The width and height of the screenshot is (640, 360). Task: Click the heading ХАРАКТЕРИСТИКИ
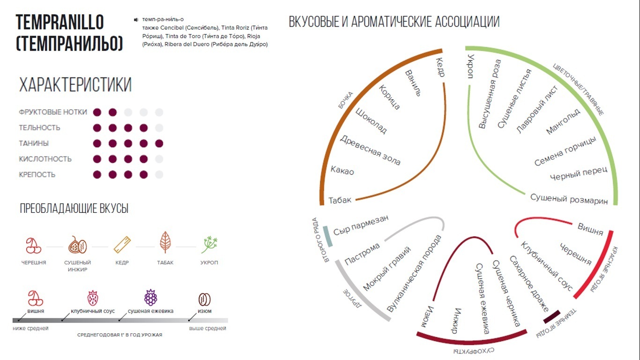coord(75,85)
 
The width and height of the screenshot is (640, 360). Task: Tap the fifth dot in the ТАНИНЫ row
coord(159,143)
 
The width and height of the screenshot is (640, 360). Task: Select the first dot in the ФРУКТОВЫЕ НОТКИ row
coord(97,112)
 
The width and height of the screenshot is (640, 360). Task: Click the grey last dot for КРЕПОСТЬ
coord(159,175)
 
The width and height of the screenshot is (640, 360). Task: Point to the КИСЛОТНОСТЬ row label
coord(45,159)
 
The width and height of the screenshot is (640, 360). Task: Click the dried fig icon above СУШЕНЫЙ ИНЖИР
coord(77,245)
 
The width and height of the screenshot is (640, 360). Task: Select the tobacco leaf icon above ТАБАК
coord(165,242)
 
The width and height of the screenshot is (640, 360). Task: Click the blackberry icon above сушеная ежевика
coord(150,298)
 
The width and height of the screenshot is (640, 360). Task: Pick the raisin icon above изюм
coord(204,299)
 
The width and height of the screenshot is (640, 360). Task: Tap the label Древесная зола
coord(370,150)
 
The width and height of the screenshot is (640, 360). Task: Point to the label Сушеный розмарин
coord(569,199)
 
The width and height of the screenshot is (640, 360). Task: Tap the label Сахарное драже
coord(528,284)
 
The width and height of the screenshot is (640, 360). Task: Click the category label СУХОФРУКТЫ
coord(473,351)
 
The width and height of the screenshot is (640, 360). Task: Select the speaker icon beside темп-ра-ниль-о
coord(136,20)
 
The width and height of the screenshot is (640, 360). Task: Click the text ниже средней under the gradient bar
coord(30,329)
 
